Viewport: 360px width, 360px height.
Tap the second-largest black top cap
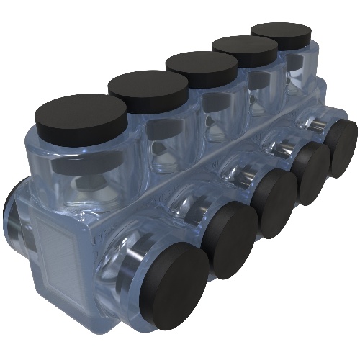tap(148, 86)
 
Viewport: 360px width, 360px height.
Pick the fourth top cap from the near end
tap(244, 50)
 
